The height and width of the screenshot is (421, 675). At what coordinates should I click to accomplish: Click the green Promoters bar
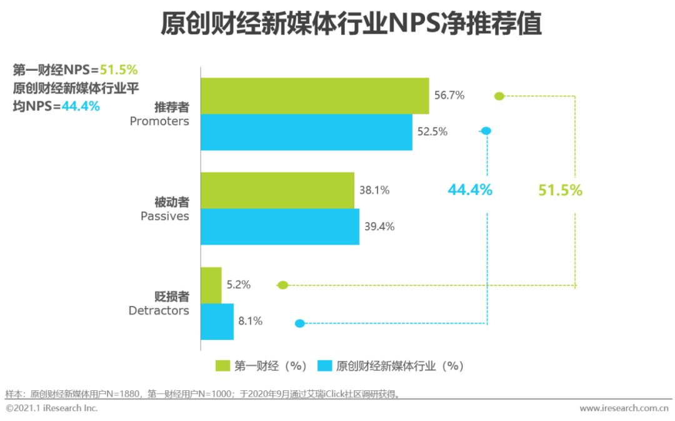tap(314, 96)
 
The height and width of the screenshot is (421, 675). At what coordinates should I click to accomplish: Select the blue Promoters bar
tap(306, 132)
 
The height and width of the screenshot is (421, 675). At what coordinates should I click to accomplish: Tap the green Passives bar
tap(277, 190)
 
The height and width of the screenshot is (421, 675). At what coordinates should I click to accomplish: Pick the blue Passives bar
tap(279, 226)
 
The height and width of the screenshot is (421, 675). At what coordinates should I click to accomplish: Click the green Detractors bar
tap(211, 285)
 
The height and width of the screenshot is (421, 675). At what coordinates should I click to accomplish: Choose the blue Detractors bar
tap(217, 322)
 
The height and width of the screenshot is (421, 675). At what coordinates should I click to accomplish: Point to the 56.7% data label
tap(449, 96)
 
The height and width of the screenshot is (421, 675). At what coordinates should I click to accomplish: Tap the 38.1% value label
tap(374, 190)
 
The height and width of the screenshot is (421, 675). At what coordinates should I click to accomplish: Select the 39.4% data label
tap(379, 226)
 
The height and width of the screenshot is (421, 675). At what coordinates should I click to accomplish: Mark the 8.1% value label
tap(250, 322)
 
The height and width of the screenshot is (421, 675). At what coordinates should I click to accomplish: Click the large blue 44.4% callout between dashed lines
tap(470, 190)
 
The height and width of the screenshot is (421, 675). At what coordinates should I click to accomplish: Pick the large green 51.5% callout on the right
tap(560, 190)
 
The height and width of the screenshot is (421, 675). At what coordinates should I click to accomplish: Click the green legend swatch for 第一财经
tap(222, 366)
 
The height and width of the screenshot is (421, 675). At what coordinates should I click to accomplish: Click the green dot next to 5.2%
tap(282, 285)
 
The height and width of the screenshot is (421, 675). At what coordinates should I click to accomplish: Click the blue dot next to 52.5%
tap(486, 131)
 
